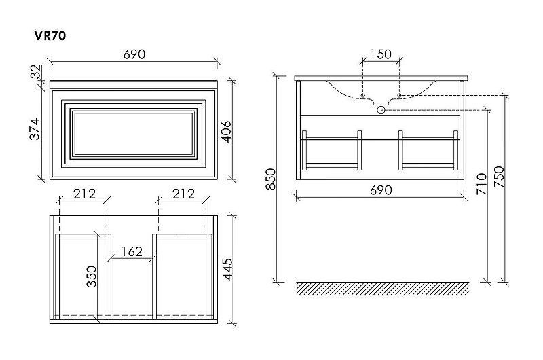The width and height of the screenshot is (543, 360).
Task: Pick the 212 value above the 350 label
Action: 84,194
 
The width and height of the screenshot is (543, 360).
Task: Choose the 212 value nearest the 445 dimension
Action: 183,194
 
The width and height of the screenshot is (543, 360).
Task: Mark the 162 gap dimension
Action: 131,252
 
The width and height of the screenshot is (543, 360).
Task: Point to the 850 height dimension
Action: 269,179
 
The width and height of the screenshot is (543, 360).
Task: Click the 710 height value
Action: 481,185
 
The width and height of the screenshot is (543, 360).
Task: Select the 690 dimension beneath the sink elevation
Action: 381,190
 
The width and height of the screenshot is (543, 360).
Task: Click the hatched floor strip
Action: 382,288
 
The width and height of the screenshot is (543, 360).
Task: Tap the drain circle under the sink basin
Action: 381,109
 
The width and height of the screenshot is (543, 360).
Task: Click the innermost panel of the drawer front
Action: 133,132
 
